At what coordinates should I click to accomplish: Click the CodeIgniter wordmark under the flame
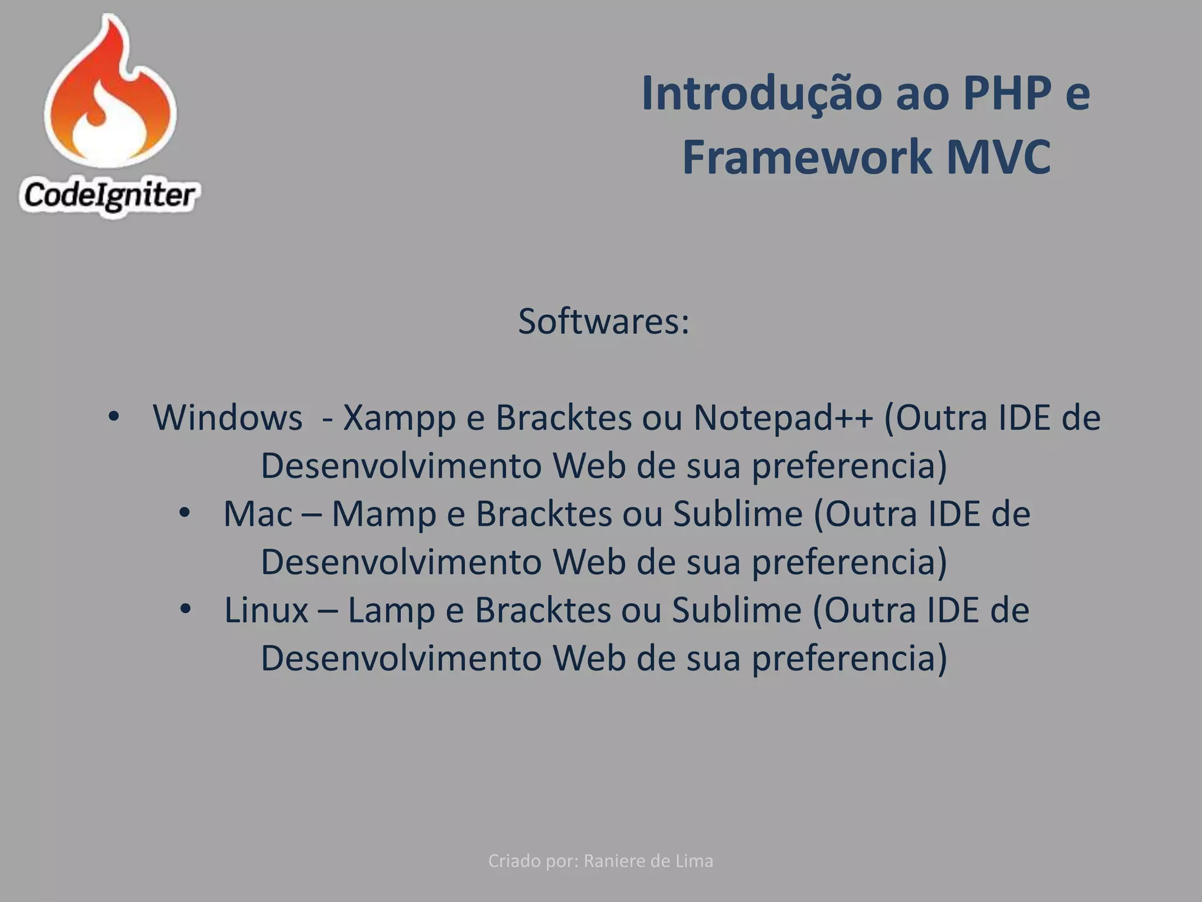(x=109, y=196)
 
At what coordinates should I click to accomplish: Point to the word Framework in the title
(x=806, y=157)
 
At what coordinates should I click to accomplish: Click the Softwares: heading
(x=603, y=322)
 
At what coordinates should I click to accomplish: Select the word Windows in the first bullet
(x=228, y=418)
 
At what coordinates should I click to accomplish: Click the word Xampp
(x=399, y=419)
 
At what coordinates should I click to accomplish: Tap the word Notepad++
(x=783, y=418)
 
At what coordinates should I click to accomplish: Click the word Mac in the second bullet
(x=258, y=514)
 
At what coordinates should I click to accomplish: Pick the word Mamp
(x=384, y=515)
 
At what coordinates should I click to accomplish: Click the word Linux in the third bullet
(x=266, y=610)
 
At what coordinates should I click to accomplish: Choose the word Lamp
(x=391, y=611)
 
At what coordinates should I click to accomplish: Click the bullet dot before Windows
(x=113, y=418)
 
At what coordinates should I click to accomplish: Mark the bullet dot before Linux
(x=185, y=609)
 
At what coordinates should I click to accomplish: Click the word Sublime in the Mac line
(x=738, y=514)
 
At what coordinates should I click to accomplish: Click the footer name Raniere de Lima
(x=649, y=861)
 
